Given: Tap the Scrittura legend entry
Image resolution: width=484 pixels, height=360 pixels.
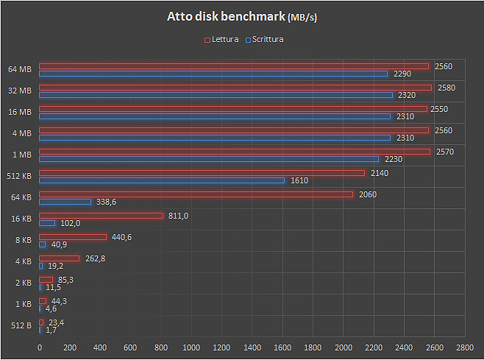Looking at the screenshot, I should coord(266,39).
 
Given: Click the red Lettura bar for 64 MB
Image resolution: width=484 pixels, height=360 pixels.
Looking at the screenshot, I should coord(233,66).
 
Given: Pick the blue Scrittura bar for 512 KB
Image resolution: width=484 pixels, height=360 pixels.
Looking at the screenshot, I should coord(162,180).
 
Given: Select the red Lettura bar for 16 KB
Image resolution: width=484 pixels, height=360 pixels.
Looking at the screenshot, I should coord(101,216).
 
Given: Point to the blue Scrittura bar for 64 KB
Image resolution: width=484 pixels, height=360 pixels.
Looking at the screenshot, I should coord(65,202).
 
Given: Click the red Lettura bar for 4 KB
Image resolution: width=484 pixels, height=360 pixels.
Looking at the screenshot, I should coord(59,258).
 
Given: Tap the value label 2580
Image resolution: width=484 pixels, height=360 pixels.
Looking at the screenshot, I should coord(446,88).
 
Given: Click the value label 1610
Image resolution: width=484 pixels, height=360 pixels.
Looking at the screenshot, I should coord(299,180).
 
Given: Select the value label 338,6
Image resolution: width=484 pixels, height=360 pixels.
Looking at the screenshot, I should coord(107,202).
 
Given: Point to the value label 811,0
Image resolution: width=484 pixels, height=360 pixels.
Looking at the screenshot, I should coord(179,216).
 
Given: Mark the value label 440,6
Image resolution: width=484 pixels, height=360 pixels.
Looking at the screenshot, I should coord(121,237).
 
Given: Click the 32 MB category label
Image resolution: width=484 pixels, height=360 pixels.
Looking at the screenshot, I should coord(20,91).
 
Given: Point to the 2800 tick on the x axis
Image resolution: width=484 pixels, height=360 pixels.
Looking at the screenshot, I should coord(464,347).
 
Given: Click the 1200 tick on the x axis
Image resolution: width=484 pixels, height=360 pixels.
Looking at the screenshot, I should coord(221,347).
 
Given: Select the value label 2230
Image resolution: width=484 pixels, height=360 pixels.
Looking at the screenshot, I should coord(393,159).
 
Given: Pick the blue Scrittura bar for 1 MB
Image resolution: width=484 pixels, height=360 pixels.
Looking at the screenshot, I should coord(209,159).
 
